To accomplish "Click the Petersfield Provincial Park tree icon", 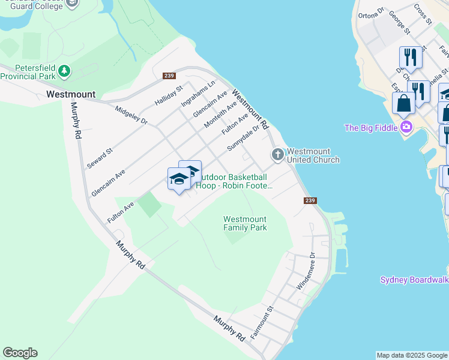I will [x=64, y=72].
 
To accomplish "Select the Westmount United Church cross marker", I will [x=277, y=155].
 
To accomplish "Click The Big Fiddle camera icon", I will [x=406, y=127].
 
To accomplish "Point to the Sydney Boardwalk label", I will [x=414, y=280].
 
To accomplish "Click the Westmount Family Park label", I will [x=245, y=223].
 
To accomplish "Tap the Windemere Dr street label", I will [x=305, y=271].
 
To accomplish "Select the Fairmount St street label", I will [x=262, y=323].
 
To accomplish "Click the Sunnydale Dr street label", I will [x=243, y=138].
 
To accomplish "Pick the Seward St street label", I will [x=100, y=158].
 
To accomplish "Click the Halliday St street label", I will [x=169, y=97].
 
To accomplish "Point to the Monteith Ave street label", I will [x=220, y=113].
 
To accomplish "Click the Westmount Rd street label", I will [x=252, y=111].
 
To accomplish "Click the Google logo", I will [x=20, y=353].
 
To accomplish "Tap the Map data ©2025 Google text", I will [x=412, y=355].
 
